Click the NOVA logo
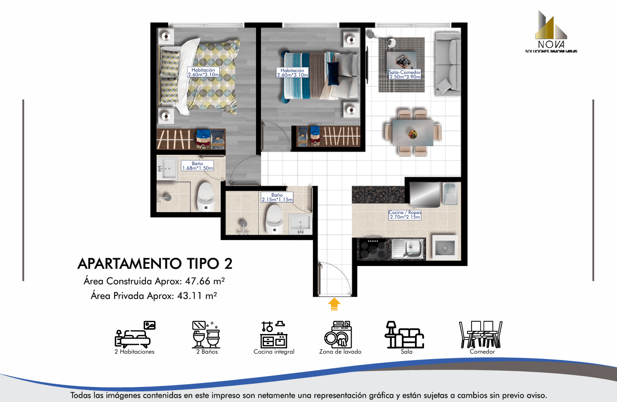(551, 31)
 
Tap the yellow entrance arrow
(334, 304)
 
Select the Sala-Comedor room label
(404, 74)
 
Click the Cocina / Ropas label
(405, 214)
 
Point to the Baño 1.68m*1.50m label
(197, 166)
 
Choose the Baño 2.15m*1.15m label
(277, 197)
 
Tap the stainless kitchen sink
(408, 249)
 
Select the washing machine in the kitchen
(445, 247)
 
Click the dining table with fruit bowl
(413, 133)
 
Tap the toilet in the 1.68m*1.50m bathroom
(206, 196)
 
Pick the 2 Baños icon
(206, 334)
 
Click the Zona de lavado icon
(338, 334)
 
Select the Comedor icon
(481, 334)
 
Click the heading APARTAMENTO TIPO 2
(155, 264)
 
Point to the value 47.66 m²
(205, 281)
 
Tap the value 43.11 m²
(197, 296)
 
